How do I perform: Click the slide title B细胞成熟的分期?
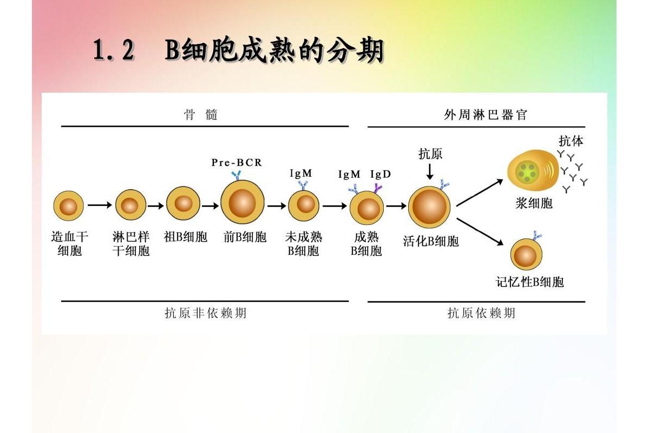point(238,51)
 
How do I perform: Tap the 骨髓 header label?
point(201,115)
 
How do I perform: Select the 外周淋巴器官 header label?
point(485,115)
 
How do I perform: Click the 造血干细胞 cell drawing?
point(69,206)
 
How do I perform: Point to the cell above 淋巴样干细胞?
point(130,206)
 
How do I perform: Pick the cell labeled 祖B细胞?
point(183,204)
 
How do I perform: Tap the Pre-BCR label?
point(237,163)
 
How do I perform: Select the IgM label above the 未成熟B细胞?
point(301,173)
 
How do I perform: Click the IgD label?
point(381,175)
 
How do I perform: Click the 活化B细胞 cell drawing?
point(429,209)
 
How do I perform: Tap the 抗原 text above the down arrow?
point(430,154)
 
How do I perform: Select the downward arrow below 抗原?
point(430,171)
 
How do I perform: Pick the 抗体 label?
point(571,141)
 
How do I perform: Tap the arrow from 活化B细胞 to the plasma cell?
point(480,193)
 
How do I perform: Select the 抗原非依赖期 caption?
point(206,313)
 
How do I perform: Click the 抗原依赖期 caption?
point(481,313)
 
